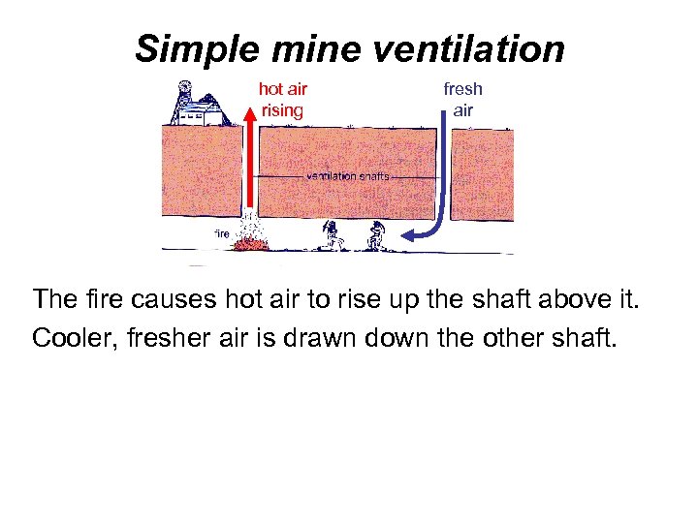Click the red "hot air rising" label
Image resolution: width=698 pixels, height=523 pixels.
(x=282, y=100)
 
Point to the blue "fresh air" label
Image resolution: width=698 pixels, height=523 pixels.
(x=462, y=100)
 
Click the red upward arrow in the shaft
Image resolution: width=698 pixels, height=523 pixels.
(x=248, y=155)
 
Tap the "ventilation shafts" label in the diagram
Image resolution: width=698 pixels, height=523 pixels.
(x=347, y=176)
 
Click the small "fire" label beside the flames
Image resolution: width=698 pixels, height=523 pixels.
(x=221, y=233)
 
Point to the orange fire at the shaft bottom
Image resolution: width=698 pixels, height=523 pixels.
(x=254, y=241)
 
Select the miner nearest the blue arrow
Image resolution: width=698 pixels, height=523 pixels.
(x=376, y=235)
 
